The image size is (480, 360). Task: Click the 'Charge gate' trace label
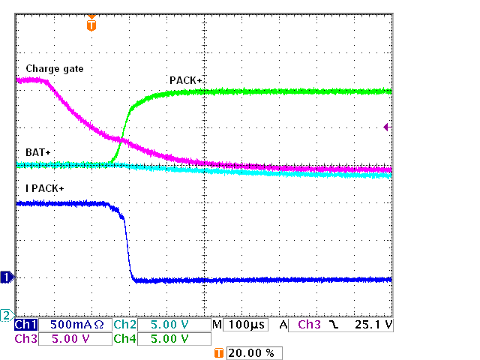point(54,69)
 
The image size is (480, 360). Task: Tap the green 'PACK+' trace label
point(187,80)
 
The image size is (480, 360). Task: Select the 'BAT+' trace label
point(37,152)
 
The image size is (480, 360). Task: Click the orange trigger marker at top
point(91,25)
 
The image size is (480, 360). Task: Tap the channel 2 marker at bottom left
point(7,314)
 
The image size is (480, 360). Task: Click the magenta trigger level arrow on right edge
point(386,127)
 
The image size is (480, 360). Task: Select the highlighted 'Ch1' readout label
point(25,325)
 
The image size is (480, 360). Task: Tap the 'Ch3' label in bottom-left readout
point(25,339)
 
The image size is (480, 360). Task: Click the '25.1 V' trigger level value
point(372,325)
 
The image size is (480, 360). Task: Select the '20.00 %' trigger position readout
point(253,352)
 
